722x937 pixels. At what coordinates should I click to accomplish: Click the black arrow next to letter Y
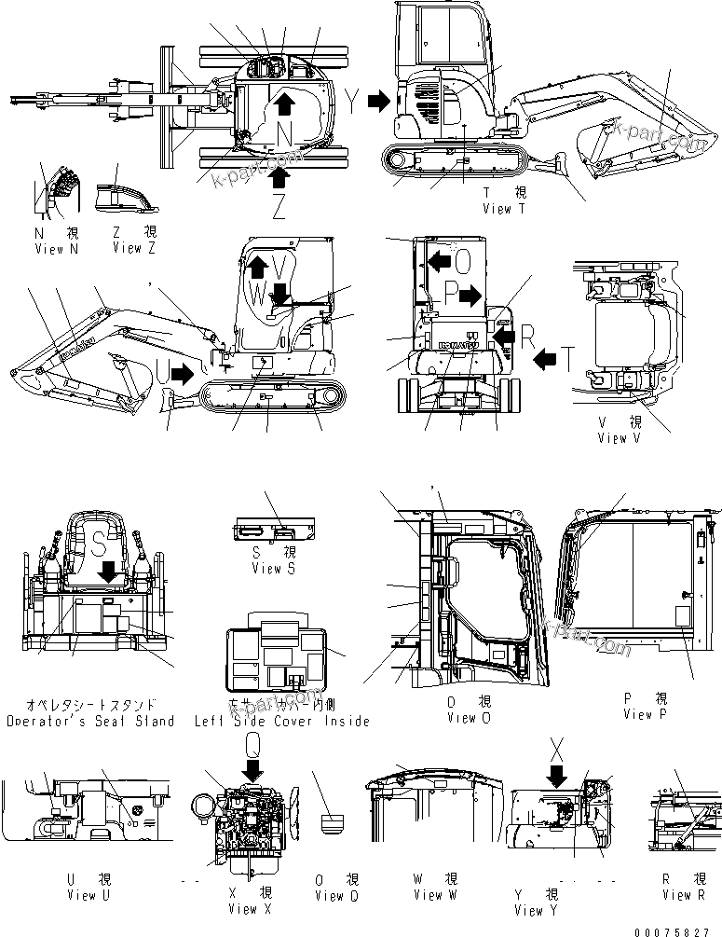coord(378,102)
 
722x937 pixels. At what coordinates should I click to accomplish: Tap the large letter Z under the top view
coord(279,207)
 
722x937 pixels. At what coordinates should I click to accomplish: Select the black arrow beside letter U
coord(184,373)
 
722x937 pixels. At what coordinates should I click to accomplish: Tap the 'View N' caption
coord(49,249)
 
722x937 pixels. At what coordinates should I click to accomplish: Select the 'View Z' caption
coord(128,249)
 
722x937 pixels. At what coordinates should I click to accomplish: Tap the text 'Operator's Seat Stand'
coord(89,721)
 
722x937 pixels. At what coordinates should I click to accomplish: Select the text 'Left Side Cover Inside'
coord(281,721)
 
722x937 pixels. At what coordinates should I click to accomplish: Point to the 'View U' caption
coord(82,895)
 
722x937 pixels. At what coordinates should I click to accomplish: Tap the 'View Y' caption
coord(528,910)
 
